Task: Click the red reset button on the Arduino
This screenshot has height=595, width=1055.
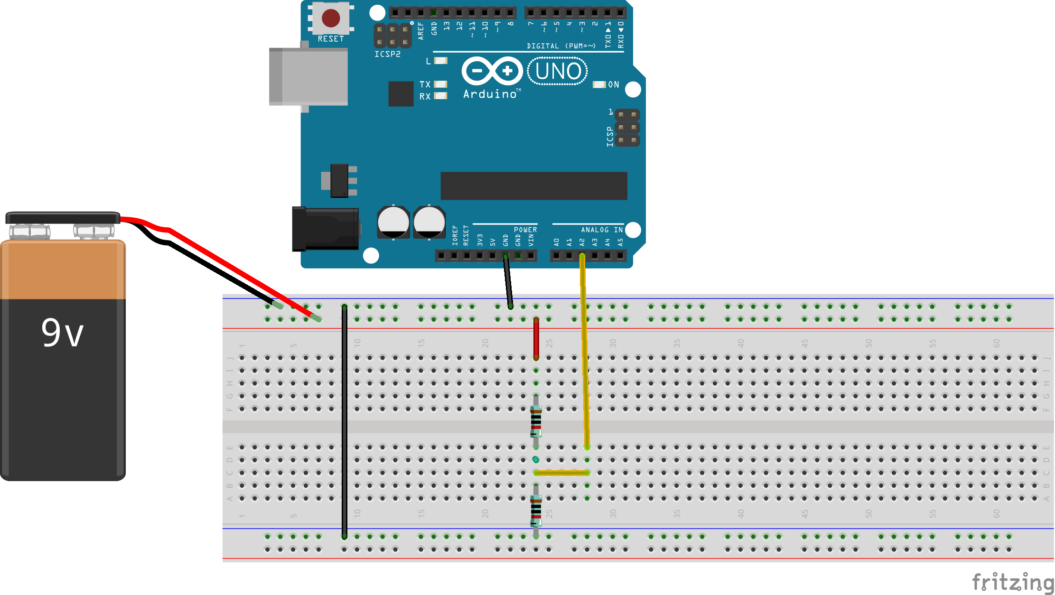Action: (x=331, y=19)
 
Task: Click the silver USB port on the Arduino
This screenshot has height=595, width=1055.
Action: (x=308, y=76)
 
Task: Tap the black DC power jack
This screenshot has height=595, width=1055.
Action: (x=326, y=229)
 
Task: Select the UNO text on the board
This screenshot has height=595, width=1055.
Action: (x=558, y=72)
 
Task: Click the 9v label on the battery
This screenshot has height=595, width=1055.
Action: (x=62, y=333)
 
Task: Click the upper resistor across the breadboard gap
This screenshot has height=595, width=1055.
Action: (x=536, y=421)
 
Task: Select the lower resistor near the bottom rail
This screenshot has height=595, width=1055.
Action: (x=536, y=511)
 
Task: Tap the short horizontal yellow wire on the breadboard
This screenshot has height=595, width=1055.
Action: (x=561, y=473)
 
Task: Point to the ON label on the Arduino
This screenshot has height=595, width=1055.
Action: (x=614, y=84)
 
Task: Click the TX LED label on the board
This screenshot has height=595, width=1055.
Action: (x=425, y=84)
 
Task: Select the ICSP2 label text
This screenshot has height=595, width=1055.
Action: (x=387, y=54)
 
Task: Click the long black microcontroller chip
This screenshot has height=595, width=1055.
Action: (x=533, y=186)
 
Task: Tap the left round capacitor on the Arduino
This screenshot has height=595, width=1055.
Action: (x=393, y=222)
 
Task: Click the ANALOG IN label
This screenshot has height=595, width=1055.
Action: (x=601, y=230)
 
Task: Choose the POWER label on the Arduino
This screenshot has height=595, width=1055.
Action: (x=525, y=230)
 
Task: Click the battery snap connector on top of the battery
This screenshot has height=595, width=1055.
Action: (x=62, y=218)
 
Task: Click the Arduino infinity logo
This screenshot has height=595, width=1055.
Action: (x=492, y=71)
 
